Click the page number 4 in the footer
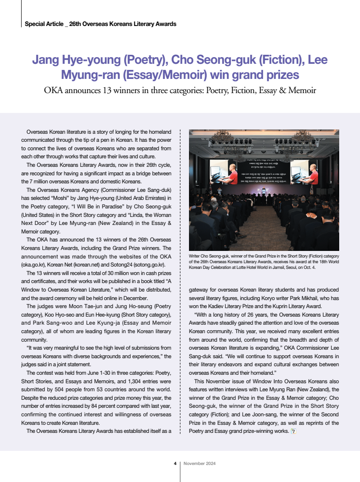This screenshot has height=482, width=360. (x=175, y=464)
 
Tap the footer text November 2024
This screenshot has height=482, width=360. (x=200, y=464)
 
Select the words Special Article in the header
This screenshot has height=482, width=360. (x=43, y=24)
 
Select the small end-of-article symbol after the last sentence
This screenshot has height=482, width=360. (x=293, y=431)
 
